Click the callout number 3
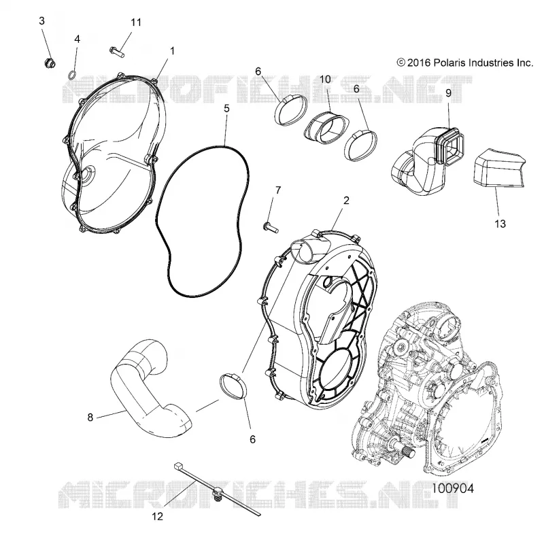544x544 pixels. (42, 21)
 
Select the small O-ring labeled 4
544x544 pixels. (72, 75)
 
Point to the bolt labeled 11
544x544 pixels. (117, 52)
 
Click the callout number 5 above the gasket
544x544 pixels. (226, 109)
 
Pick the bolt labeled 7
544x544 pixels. (271, 227)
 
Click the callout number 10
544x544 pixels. (325, 80)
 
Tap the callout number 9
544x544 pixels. (448, 92)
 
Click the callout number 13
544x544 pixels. (500, 224)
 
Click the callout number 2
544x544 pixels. (346, 200)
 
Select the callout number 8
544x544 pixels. (90, 417)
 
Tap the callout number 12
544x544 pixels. (157, 517)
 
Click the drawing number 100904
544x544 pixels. (452, 488)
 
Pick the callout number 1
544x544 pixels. (172, 51)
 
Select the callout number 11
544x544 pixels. (136, 22)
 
